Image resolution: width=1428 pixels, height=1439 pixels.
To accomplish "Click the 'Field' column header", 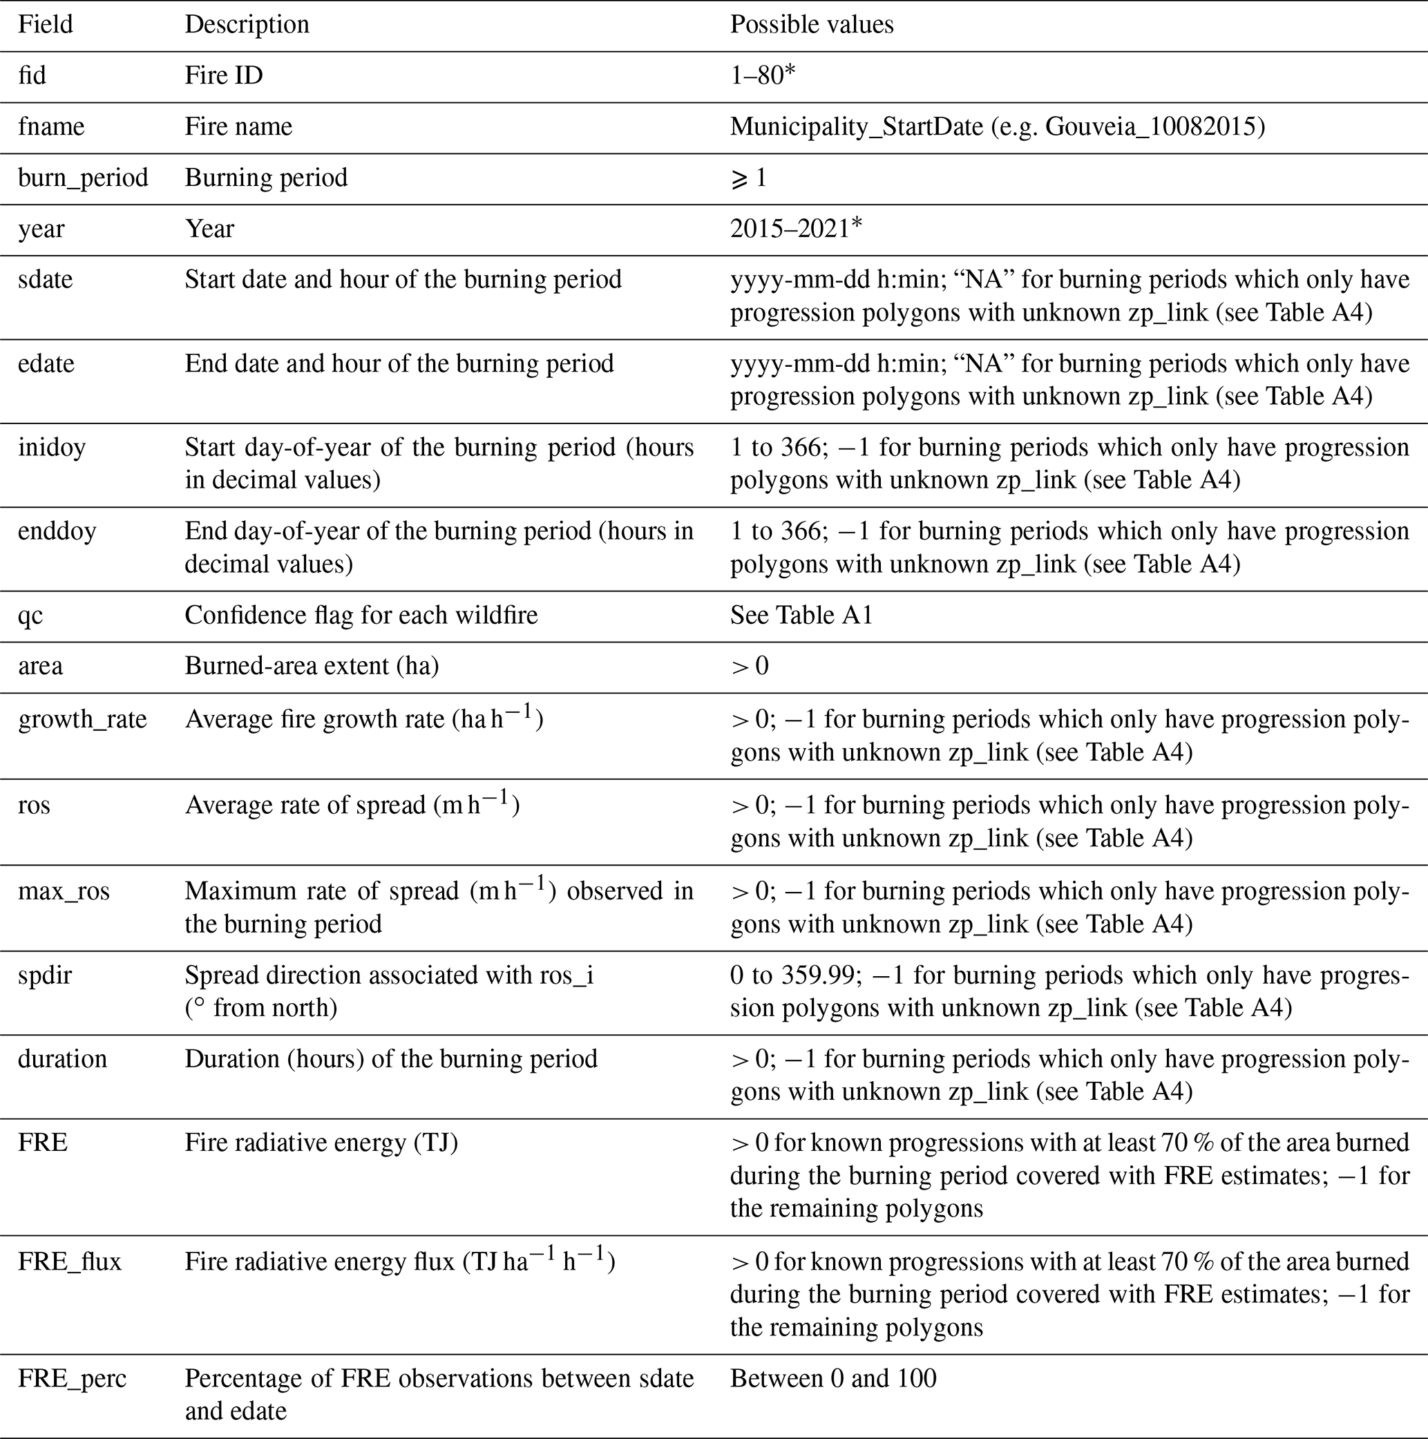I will coord(46,25).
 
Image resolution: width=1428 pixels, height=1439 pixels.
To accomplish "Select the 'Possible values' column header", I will coord(811,25).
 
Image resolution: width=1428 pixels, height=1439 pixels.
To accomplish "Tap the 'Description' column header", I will coord(247,25).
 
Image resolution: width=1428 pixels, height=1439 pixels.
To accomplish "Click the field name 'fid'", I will coord(32,75).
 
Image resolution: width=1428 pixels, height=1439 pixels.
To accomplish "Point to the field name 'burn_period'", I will coord(83,178).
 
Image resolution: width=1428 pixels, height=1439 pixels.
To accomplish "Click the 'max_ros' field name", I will coord(64,890).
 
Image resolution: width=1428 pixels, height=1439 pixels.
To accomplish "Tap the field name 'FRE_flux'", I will coord(69,1261).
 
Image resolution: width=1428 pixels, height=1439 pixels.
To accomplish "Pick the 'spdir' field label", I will coord(45,975).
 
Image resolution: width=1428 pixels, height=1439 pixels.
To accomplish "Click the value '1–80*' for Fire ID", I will coord(763,75).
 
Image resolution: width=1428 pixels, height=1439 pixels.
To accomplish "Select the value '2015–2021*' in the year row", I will coord(796,229).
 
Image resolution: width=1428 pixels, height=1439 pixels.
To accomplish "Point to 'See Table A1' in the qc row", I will coord(801,616).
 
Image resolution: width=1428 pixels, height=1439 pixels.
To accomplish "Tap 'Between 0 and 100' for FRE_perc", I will coord(832,1379).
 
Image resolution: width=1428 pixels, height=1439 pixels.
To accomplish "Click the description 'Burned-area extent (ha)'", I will coord(312,666).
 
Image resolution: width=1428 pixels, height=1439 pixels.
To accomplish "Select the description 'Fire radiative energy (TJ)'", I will coord(321,1143).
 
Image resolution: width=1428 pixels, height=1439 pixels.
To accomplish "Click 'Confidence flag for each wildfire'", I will coord(361,616).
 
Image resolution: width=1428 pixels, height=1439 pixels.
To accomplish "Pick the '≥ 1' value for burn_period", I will coord(749,178).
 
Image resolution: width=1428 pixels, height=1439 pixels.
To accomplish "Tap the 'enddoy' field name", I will coord(57,531).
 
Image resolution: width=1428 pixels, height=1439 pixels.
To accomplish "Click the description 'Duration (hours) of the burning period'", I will coord(391,1059).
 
